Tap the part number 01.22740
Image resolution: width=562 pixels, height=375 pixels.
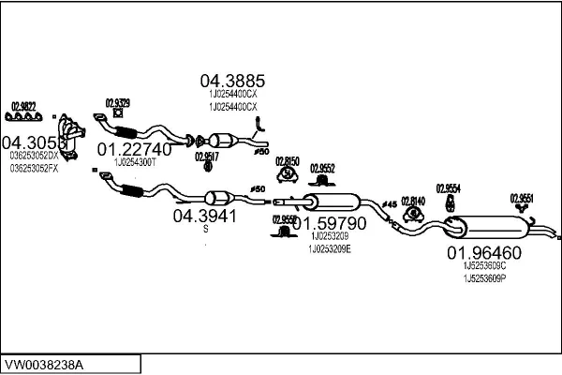pos(135,149)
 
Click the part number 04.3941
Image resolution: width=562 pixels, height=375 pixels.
pos(204,215)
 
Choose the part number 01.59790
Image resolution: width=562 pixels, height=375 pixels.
pos(328,224)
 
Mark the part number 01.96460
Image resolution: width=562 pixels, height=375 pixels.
pos(483,253)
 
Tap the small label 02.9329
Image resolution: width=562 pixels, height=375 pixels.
pos(117,102)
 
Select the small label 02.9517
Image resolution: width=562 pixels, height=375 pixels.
pos(207,157)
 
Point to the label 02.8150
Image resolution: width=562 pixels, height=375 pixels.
pos(287,161)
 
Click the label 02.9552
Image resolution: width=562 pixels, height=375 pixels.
pos(322,168)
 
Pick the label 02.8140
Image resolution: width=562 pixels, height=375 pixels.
pos(412,200)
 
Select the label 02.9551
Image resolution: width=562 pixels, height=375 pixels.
pos(522,197)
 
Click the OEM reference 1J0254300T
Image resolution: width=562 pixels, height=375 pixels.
pos(135,162)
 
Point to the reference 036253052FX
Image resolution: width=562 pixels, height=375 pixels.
pos(34,168)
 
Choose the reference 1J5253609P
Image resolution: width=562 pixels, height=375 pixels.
pos(483,278)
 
